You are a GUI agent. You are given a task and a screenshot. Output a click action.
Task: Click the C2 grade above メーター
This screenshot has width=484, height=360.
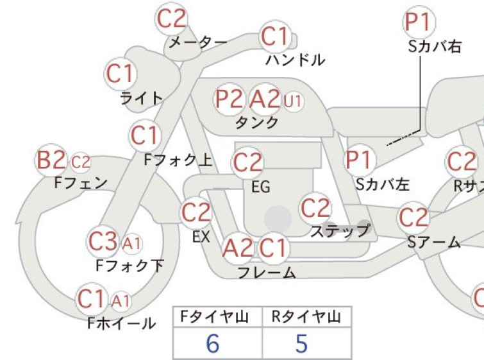click(x=171, y=19)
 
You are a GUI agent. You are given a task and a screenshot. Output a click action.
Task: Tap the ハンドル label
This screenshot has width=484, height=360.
click(x=296, y=60)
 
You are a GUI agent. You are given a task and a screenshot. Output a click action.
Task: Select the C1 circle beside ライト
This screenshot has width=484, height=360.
click(x=121, y=74)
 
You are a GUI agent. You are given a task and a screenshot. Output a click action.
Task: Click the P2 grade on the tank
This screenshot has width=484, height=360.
click(x=229, y=99)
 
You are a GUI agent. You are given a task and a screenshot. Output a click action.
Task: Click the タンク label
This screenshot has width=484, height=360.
click(x=257, y=123)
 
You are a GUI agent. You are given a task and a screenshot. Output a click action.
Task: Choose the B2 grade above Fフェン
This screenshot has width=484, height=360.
click(x=51, y=160)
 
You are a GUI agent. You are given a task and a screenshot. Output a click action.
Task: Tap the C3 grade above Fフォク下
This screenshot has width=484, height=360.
click(x=103, y=242)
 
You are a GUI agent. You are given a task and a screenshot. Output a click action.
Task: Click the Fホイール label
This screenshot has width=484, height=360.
click(x=121, y=323)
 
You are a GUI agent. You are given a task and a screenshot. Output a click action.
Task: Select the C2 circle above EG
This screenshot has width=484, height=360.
click(x=247, y=162)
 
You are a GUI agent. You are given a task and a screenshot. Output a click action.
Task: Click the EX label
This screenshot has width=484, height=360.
click(x=201, y=237)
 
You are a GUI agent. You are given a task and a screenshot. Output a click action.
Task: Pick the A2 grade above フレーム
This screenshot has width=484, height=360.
click(x=238, y=248)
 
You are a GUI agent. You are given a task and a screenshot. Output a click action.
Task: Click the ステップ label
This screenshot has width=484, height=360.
click(x=340, y=231)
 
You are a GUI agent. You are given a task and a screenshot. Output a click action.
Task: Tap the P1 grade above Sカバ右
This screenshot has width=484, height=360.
click(x=419, y=22)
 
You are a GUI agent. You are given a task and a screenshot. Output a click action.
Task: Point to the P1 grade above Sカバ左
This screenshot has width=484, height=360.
click(x=360, y=160)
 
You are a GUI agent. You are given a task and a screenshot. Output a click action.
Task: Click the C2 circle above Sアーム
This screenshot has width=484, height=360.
click(x=413, y=218)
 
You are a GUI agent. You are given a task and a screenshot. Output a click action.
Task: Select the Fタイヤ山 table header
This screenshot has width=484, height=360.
click(x=215, y=317)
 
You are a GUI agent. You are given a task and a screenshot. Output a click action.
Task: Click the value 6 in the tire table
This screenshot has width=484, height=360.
click(x=213, y=343)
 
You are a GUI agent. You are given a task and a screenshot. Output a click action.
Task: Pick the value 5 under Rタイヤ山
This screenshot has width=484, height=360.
click(x=301, y=343)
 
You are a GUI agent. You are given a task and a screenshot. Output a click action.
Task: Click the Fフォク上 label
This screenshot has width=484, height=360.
click(x=178, y=160)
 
